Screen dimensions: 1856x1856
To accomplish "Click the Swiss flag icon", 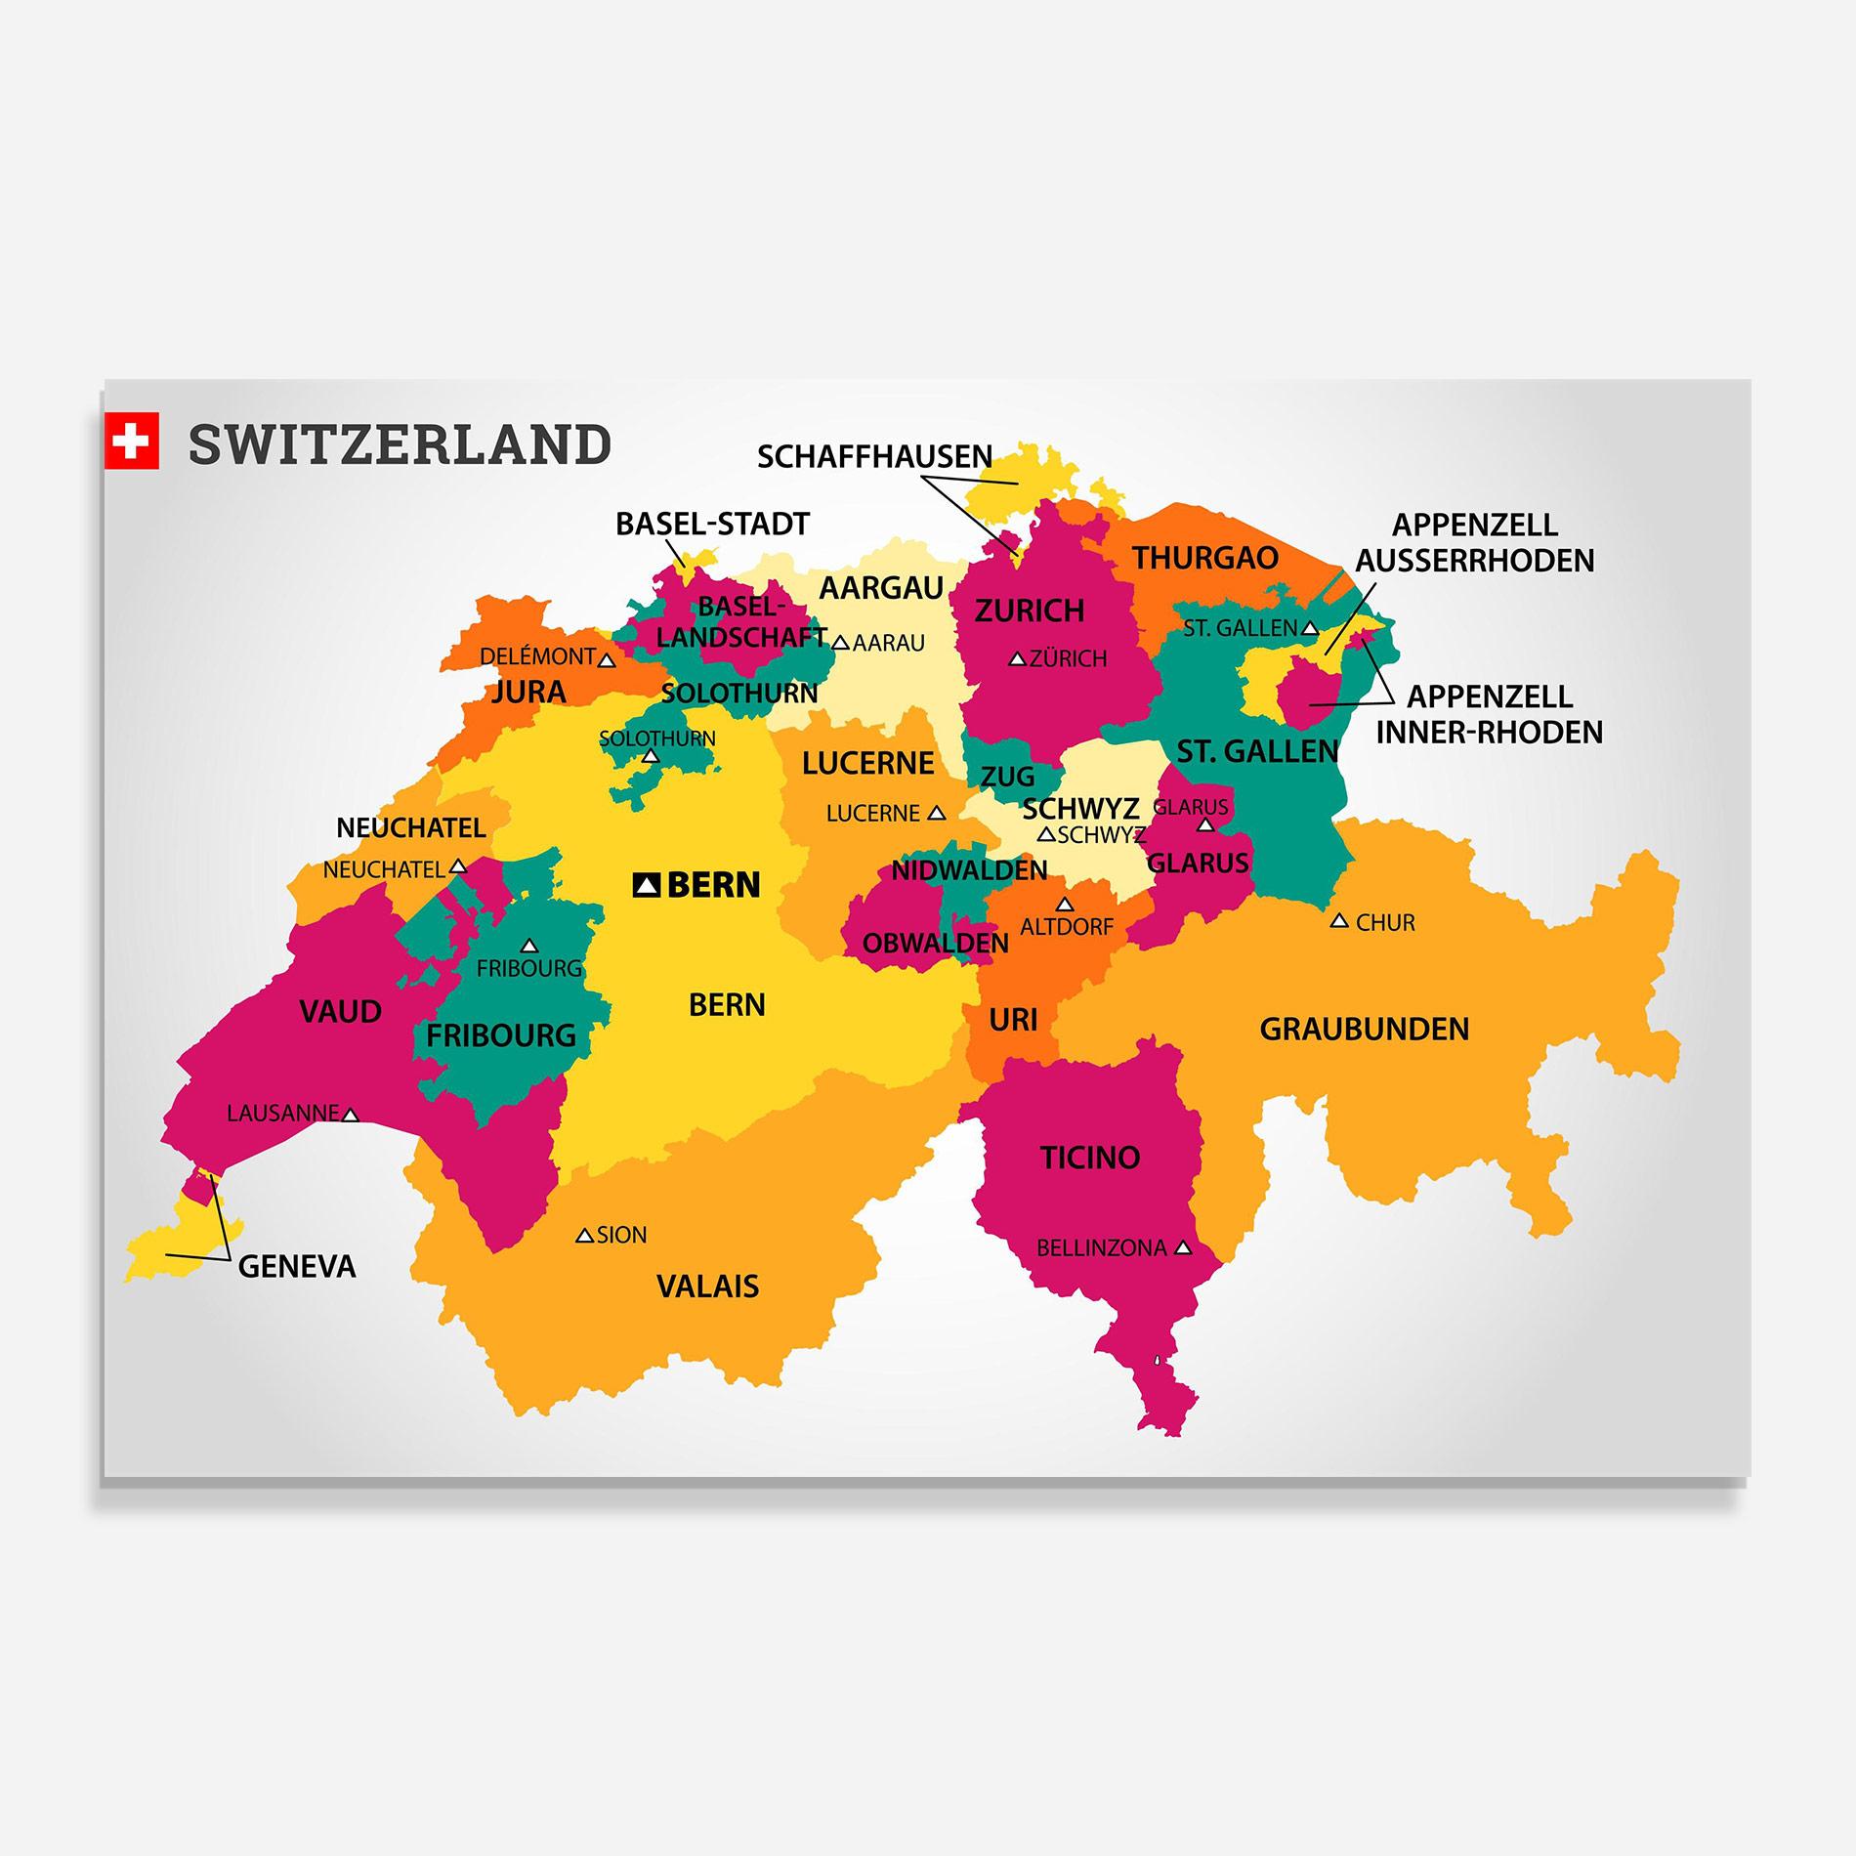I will [x=131, y=441].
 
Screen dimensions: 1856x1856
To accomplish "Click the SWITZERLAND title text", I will [x=400, y=444].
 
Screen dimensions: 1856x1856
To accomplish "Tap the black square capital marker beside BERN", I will [x=647, y=885].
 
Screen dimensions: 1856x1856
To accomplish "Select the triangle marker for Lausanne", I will [x=351, y=1115].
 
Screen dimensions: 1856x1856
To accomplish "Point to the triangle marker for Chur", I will [x=1339, y=921].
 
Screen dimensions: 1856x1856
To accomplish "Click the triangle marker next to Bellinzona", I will [x=1183, y=1247].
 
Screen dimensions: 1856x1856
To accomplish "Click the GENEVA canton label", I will [x=297, y=1267].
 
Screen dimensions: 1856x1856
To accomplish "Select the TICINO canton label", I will [x=1090, y=1158].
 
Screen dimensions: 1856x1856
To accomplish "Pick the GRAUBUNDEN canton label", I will [x=1364, y=1029].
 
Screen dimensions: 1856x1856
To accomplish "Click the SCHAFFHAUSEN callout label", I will [x=874, y=456].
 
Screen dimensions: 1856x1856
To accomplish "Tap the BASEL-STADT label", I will [x=712, y=525].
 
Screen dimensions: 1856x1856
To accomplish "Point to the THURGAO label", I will [x=1205, y=558].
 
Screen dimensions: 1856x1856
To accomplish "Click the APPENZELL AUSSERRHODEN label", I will [x=1475, y=542].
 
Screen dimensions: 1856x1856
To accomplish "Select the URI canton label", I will [x=1013, y=1020].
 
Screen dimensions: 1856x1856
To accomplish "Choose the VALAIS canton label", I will [x=707, y=1286].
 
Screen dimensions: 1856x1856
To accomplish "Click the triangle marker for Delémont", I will [x=607, y=660].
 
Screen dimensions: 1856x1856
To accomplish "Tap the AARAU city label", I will [x=888, y=643].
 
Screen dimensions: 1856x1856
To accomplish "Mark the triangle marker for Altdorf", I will [x=1065, y=905].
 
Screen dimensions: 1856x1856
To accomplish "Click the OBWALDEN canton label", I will [x=935, y=943].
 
